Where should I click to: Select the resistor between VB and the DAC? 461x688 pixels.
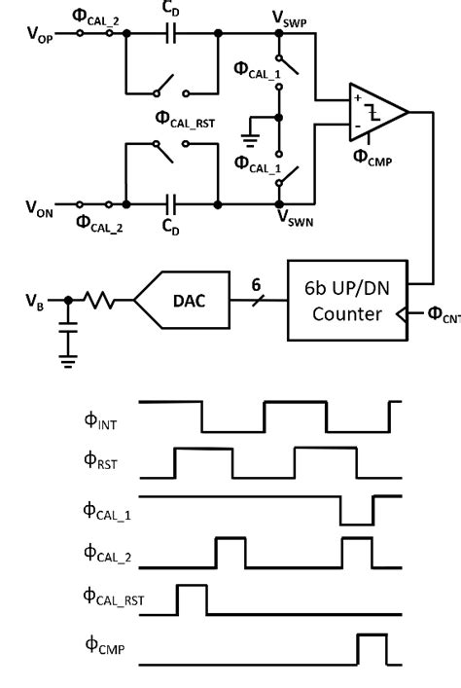pyautogui.click(x=101, y=301)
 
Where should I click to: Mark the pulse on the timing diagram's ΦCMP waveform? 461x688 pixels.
pyautogui.click(x=371, y=649)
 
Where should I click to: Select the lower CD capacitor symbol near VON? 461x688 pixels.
pyautogui.click(x=171, y=205)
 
